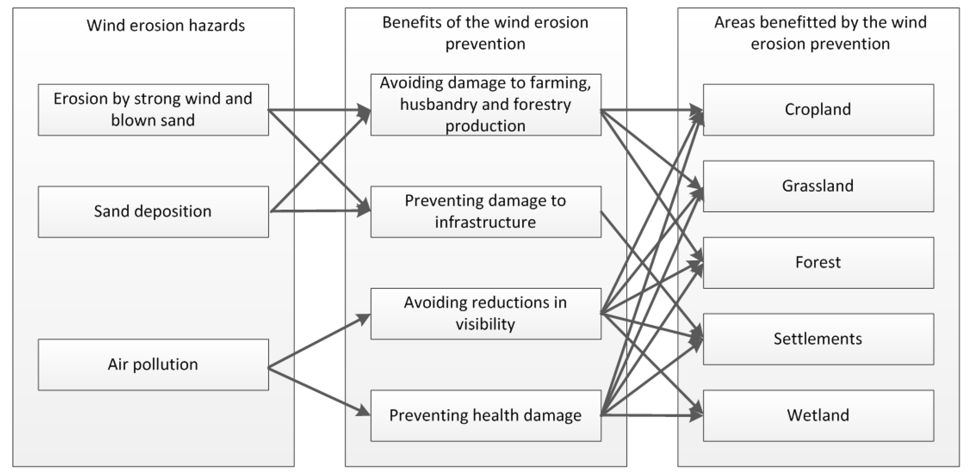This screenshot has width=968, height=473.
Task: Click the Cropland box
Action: [818, 110]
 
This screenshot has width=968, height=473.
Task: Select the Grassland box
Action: [818, 186]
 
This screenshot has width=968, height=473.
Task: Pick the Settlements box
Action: [818, 339]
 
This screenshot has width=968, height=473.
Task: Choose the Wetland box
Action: [818, 415]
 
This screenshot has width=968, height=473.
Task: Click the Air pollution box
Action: [153, 364]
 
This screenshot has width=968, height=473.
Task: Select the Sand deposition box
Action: [153, 211]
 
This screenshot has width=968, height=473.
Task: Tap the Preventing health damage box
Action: [485, 415]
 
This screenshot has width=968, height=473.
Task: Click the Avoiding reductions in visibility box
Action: [485, 313]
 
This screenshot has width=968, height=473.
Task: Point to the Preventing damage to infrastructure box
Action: [485, 211]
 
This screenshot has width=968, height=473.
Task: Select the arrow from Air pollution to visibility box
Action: [319, 341]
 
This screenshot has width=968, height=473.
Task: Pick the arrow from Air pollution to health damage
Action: [319, 392]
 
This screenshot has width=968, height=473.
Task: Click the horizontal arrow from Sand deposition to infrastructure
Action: [319, 211]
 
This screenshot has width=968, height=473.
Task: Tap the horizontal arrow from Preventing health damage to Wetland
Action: [650, 415]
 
